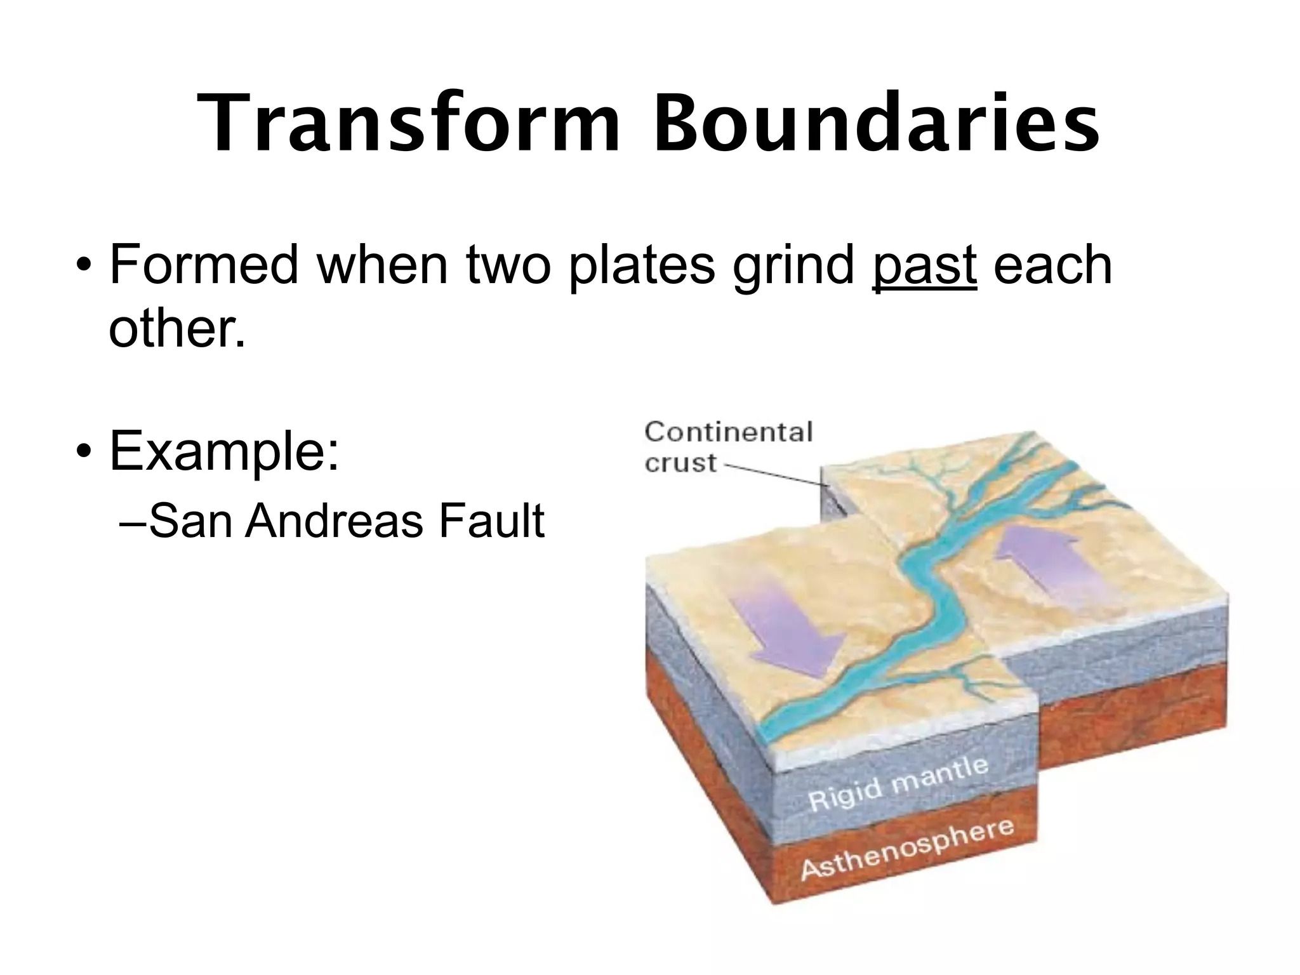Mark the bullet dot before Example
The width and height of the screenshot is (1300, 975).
(83, 452)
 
